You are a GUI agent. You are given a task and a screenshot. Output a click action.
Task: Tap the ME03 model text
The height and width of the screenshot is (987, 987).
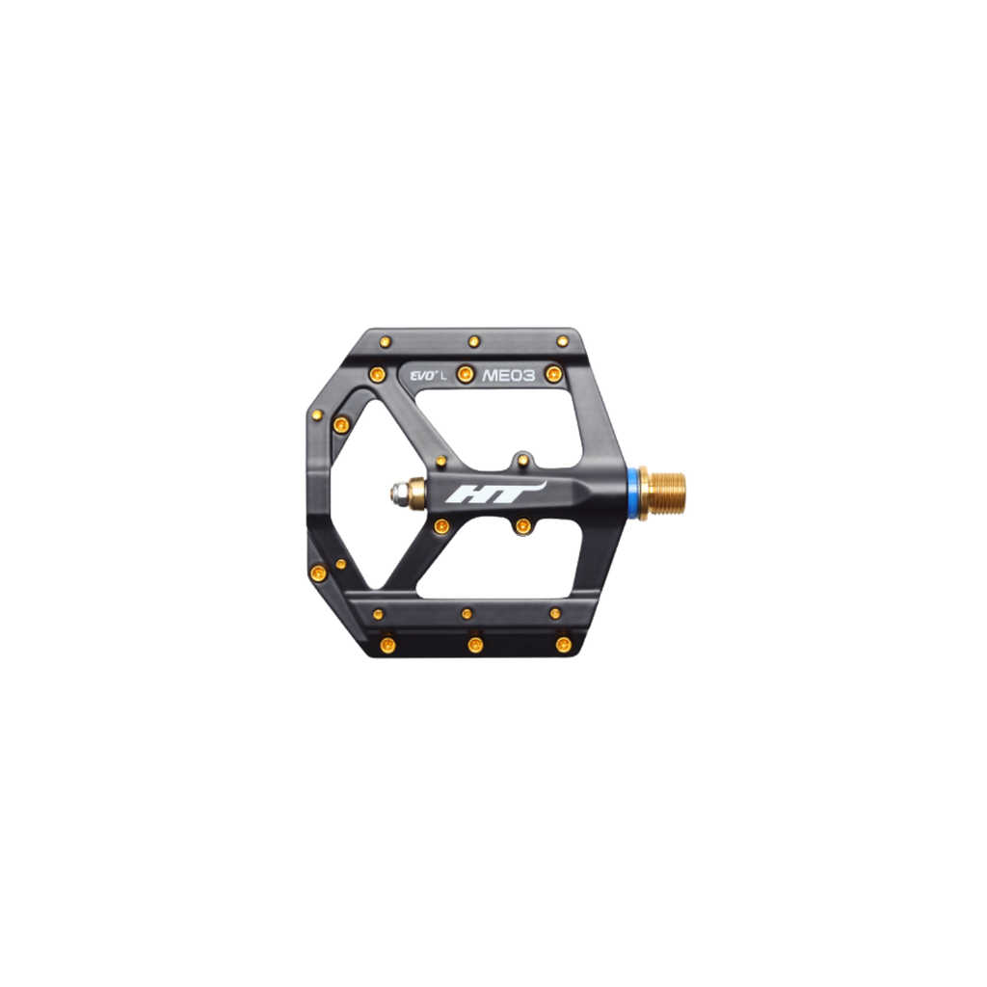pyautogui.click(x=508, y=376)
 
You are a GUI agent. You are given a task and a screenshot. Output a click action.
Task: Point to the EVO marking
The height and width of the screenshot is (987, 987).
pyautogui.click(x=420, y=377)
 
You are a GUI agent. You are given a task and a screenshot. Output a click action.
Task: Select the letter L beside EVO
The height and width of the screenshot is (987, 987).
pyautogui.click(x=443, y=377)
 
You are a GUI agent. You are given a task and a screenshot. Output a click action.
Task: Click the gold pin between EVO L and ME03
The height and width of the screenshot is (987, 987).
pyautogui.click(x=465, y=375)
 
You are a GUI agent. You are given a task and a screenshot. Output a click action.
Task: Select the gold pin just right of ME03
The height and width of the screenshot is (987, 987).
pyautogui.click(x=553, y=375)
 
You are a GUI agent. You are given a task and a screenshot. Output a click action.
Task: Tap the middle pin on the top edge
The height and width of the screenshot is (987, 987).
pyautogui.click(x=474, y=342)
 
